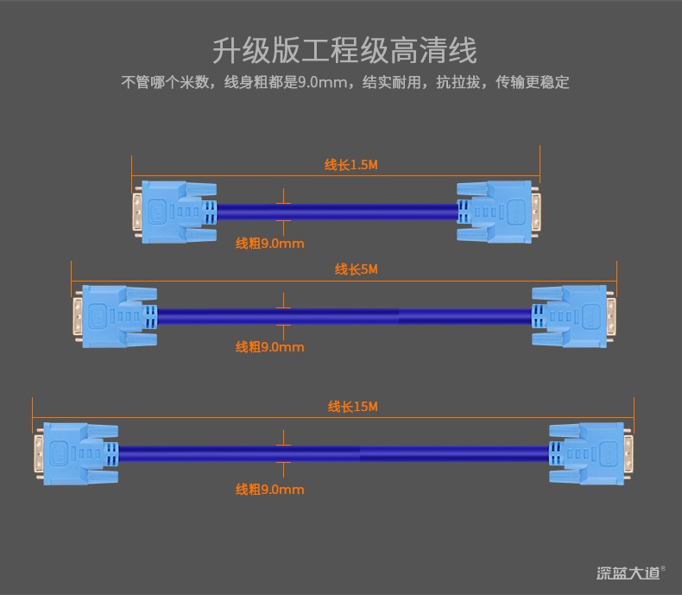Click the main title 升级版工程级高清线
(x=344, y=50)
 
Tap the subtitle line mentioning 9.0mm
(x=345, y=82)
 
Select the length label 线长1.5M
(x=351, y=165)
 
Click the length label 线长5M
(x=357, y=269)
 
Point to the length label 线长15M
(x=353, y=407)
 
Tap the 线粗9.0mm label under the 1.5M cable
(x=269, y=244)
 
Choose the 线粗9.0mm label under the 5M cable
(x=269, y=347)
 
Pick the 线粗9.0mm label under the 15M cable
(x=269, y=490)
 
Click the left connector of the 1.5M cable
(x=175, y=212)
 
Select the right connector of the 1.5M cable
(x=498, y=212)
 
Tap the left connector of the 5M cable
(x=116, y=316)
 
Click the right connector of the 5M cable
(x=574, y=316)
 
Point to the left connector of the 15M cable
(x=77, y=453)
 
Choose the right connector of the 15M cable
(x=591, y=453)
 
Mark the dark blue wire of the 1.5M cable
(x=337, y=212)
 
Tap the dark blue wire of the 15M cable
(x=333, y=453)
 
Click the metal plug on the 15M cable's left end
(x=39, y=453)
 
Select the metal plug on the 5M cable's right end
(x=611, y=316)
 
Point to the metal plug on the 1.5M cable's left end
(x=137, y=212)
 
